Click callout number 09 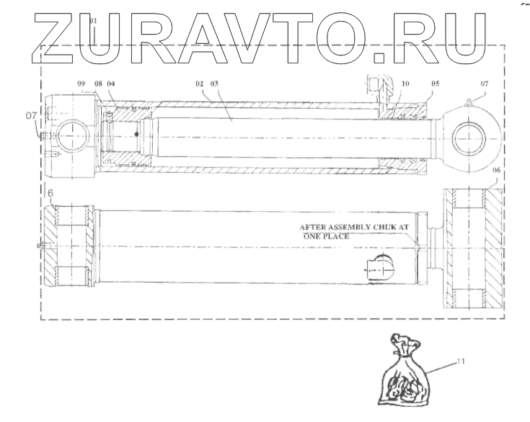click(81, 84)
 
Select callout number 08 click(98, 84)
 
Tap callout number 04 click(111, 84)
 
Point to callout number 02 click(198, 84)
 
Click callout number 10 click(406, 84)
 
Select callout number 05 click(435, 84)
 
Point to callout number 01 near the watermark click(93, 22)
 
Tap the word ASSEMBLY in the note click(349, 226)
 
